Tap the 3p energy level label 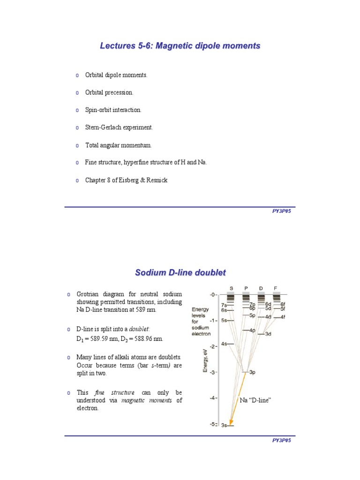click(252, 372)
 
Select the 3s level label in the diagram click(224, 425)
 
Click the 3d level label click(269, 334)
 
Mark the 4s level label click(224, 344)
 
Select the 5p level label click(252, 315)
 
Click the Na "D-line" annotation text click(256, 400)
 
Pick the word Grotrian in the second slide click(89, 294)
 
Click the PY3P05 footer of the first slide click(282, 211)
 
